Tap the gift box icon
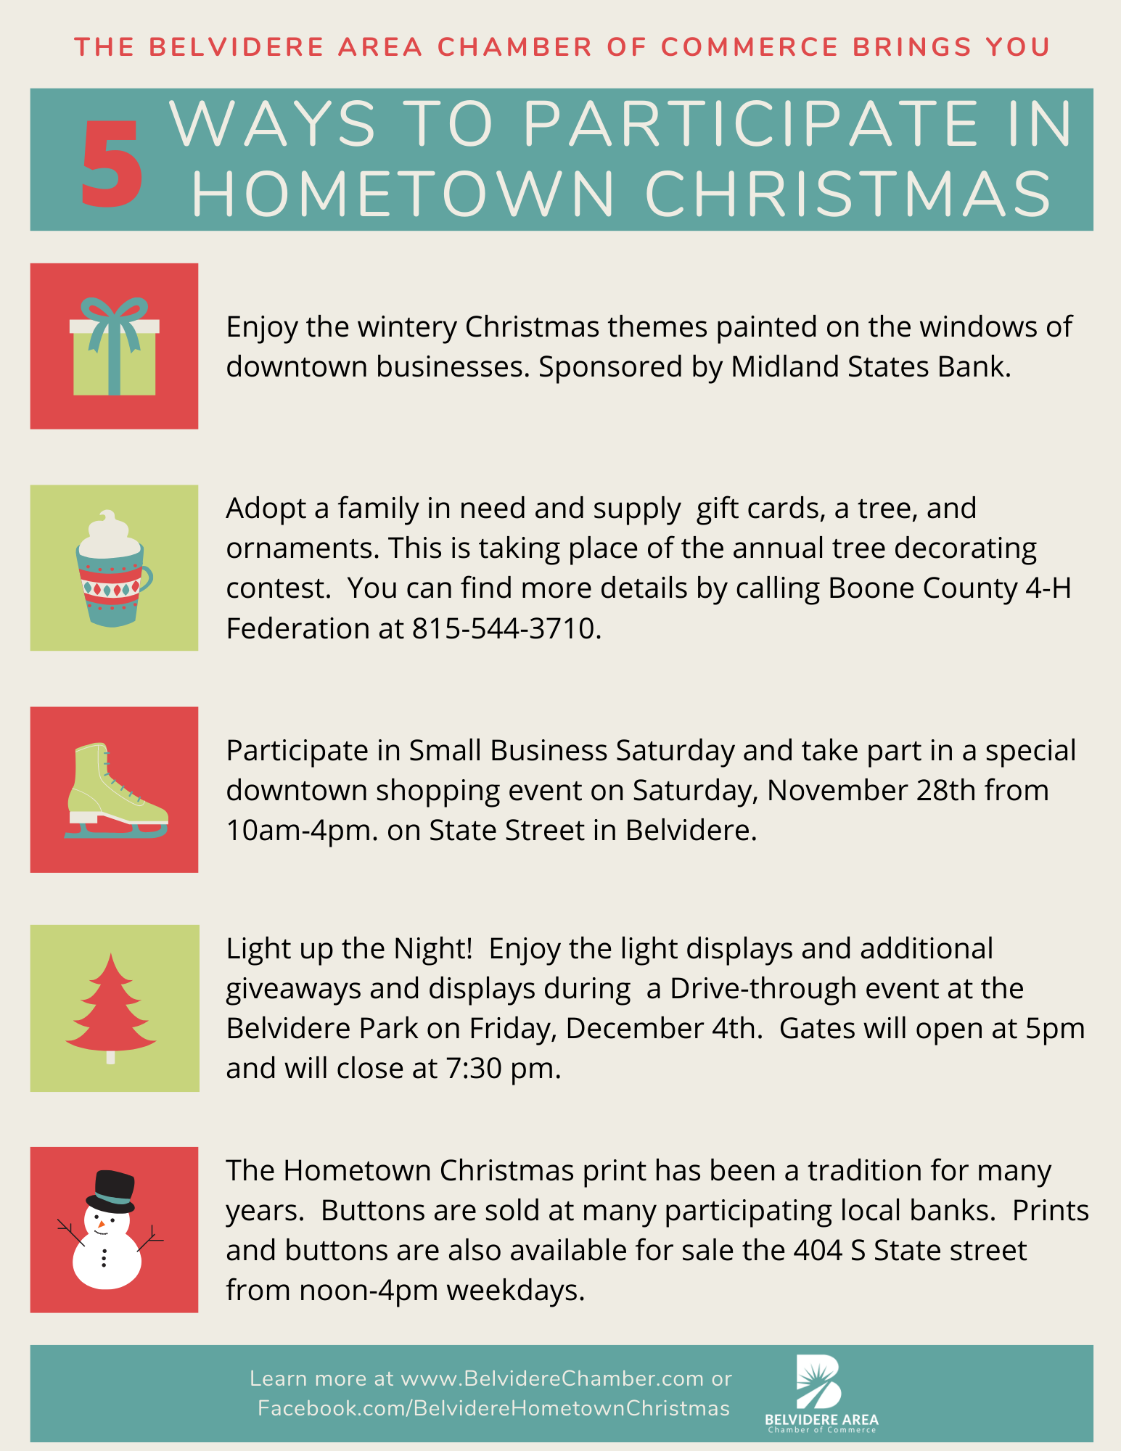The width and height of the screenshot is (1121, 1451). (x=115, y=346)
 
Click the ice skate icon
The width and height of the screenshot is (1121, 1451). (x=116, y=790)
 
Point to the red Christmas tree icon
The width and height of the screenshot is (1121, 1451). (x=110, y=1008)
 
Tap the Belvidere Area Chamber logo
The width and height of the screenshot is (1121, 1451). (x=821, y=1394)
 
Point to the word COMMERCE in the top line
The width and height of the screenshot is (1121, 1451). (x=750, y=47)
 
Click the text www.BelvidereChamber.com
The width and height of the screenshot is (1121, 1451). (x=552, y=1378)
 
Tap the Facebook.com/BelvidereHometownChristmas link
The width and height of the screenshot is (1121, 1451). (x=493, y=1408)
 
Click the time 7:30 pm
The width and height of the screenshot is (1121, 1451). (x=499, y=1069)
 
